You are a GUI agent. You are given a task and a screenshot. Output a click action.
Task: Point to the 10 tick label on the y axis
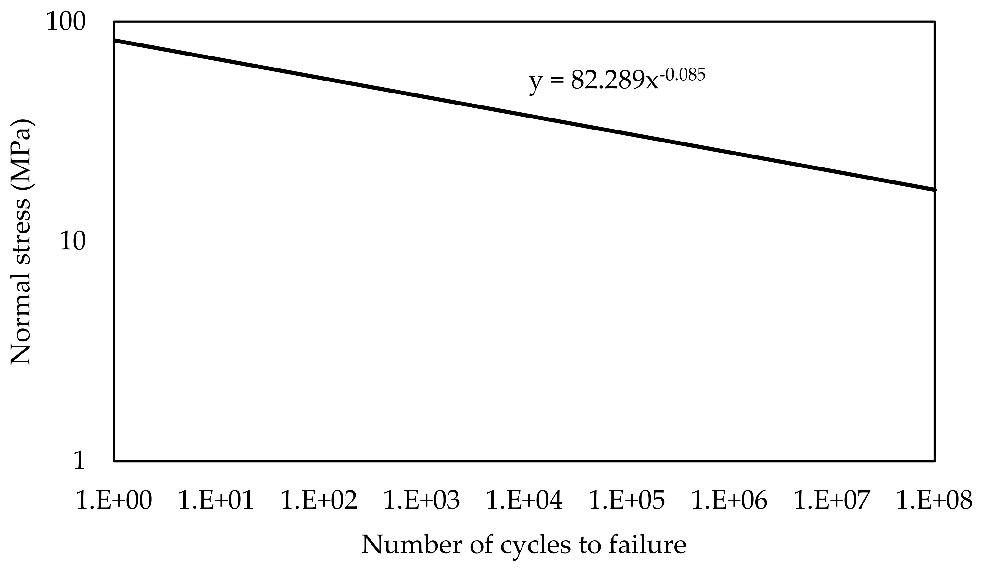(x=72, y=241)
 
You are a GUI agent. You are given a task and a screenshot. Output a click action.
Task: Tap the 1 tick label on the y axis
(x=79, y=461)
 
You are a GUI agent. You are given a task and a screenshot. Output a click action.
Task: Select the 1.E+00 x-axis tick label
(x=113, y=500)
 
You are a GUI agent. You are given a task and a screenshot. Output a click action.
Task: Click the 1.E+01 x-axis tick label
(x=216, y=500)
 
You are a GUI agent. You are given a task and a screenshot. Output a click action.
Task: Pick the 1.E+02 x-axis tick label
(x=319, y=500)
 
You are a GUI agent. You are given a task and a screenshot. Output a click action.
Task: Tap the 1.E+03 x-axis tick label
(x=422, y=500)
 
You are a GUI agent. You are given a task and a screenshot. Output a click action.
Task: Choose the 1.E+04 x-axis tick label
(x=524, y=500)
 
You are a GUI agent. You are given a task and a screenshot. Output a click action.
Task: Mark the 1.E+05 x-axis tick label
(x=627, y=500)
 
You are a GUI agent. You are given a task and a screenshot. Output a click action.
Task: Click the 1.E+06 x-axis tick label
(x=729, y=500)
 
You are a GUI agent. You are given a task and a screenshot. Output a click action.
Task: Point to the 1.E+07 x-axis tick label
(x=832, y=500)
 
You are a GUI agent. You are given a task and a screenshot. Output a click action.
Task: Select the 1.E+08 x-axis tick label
(x=935, y=500)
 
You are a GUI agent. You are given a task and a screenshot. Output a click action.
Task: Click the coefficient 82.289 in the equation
(x=608, y=81)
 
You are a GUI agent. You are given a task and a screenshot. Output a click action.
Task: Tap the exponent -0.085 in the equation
(x=682, y=74)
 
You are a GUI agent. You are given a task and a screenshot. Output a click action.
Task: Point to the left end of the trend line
(x=115, y=41)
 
